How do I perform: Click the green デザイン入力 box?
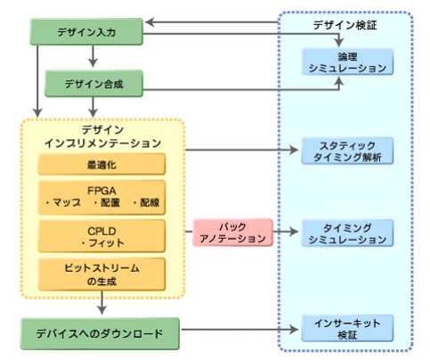click(86, 32)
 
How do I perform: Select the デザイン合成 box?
click(93, 84)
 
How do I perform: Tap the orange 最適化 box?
click(101, 164)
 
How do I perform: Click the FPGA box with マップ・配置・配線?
click(101, 197)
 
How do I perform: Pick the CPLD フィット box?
click(101, 236)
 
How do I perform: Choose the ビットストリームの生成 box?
click(101, 274)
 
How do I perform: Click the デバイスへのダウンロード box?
click(100, 333)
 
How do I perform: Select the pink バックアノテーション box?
click(232, 233)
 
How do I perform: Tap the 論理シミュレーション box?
click(347, 61)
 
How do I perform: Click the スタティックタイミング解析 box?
click(347, 151)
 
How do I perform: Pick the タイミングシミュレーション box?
click(347, 233)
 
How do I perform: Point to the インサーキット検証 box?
click(347, 329)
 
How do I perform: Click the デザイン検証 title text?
click(345, 25)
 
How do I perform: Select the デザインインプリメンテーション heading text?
click(102, 136)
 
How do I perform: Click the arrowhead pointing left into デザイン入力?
click(150, 22)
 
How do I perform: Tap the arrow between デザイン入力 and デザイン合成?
click(93, 56)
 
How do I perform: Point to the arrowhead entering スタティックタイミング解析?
click(294, 150)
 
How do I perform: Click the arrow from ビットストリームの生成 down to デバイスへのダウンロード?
click(101, 302)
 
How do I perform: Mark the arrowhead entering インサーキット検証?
click(294, 329)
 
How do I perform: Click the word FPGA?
click(101, 191)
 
